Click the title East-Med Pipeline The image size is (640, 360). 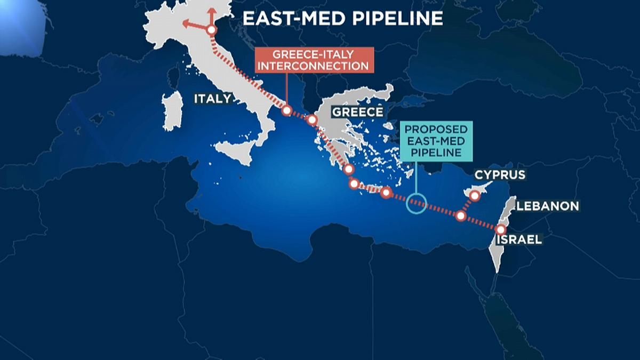(342, 19)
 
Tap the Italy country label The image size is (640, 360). (212, 99)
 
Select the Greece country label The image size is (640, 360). (357, 111)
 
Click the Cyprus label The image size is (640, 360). (500, 174)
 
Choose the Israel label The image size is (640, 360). (519, 239)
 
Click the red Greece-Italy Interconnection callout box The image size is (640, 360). (314, 60)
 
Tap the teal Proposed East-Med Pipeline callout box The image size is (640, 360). (436, 141)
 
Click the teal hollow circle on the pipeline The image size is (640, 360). (417, 203)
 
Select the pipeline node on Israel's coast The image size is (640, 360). (500, 230)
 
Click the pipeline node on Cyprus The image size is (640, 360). (475, 196)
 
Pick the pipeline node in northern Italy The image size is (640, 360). (211, 30)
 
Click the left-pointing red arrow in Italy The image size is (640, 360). (188, 23)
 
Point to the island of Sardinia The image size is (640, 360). (172, 110)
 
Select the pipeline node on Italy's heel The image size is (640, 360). (286, 110)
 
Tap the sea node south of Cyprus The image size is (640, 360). (461, 216)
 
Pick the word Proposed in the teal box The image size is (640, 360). (436, 130)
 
